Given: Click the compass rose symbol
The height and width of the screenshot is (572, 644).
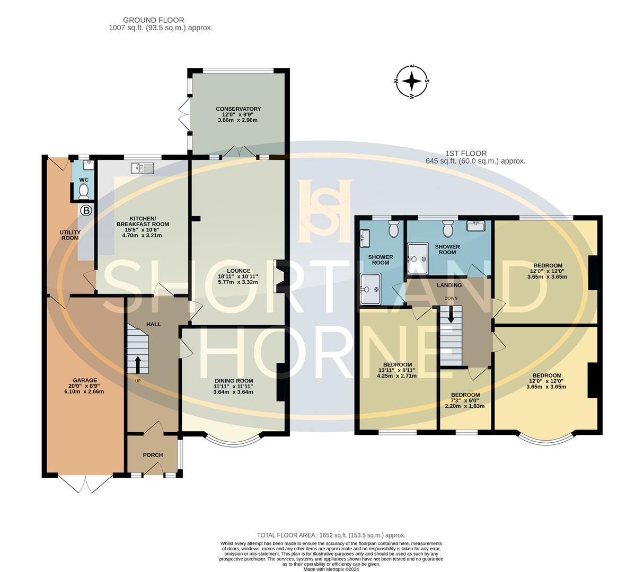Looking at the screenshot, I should click(x=412, y=82).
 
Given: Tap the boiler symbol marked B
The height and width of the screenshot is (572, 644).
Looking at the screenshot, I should click(x=86, y=211).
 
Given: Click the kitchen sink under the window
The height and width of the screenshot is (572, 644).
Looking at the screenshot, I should click(x=142, y=168).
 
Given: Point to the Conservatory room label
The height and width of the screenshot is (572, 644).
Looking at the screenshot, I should click(x=238, y=109).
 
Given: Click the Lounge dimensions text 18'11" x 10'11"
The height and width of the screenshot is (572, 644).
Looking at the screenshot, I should click(x=238, y=276).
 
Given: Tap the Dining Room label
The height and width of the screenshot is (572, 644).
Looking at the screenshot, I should click(x=234, y=381).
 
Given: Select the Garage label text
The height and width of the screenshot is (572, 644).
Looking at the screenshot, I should click(x=85, y=380).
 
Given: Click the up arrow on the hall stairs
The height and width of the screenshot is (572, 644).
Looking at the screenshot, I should click(x=138, y=364).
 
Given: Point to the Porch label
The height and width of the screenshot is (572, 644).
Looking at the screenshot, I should click(x=153, y=455).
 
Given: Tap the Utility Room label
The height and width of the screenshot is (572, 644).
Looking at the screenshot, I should click(x=70, y=235).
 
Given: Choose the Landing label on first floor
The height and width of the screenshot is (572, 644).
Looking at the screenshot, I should click(x=449, y=285).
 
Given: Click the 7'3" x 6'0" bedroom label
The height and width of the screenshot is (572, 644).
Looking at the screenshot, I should click(x=465, y=400).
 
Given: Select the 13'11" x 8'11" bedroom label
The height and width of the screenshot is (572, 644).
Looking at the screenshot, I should click(x=397, y=370).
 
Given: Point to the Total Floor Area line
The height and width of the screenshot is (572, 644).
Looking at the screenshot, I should click(x=331, y=535).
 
